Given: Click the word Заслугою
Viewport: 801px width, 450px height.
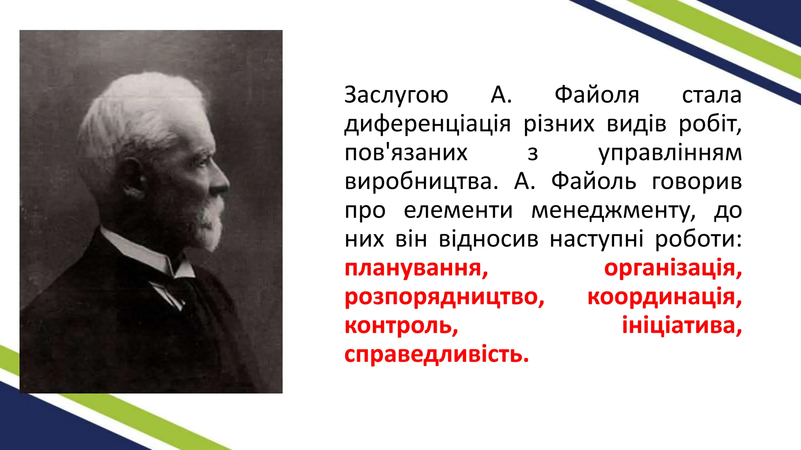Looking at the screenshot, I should click(396, 95).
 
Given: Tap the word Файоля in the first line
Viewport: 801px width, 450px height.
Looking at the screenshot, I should click(597, 95).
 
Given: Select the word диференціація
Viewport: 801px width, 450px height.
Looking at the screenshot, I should click(427, 124).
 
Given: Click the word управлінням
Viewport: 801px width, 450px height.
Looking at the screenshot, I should click(670, 153).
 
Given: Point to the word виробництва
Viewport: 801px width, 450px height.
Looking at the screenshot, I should click(421, 182).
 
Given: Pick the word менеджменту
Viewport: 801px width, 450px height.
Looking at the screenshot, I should click(613, 211).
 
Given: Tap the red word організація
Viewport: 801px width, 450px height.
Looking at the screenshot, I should click(673, 268).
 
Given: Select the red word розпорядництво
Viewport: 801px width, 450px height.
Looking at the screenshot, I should click(444, 297).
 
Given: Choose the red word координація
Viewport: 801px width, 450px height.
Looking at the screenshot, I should click(665, 297).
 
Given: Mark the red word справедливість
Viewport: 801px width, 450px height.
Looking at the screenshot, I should click(436, 355).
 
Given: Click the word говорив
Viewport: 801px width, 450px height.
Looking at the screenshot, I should click(697, 182).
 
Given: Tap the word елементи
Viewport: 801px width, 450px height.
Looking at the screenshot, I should click(458, 211).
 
